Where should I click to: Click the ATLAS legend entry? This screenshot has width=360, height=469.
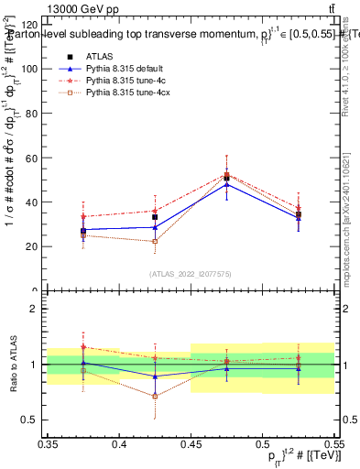coord(101,57)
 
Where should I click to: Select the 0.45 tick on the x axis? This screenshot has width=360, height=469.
coord(191,444)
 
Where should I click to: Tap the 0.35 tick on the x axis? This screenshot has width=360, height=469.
coord(48,444)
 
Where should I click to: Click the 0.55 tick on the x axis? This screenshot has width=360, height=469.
coord(333,444)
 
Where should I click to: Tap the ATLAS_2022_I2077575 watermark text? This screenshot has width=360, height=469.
coord(191,273)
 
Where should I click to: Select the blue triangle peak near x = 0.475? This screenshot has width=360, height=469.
coord(226,184)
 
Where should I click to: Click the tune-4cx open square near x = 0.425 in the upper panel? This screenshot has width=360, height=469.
coord(155,242)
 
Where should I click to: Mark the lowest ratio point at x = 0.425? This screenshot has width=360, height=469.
coord(155,396)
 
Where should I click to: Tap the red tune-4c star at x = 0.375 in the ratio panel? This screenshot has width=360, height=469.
coord(83,347)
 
